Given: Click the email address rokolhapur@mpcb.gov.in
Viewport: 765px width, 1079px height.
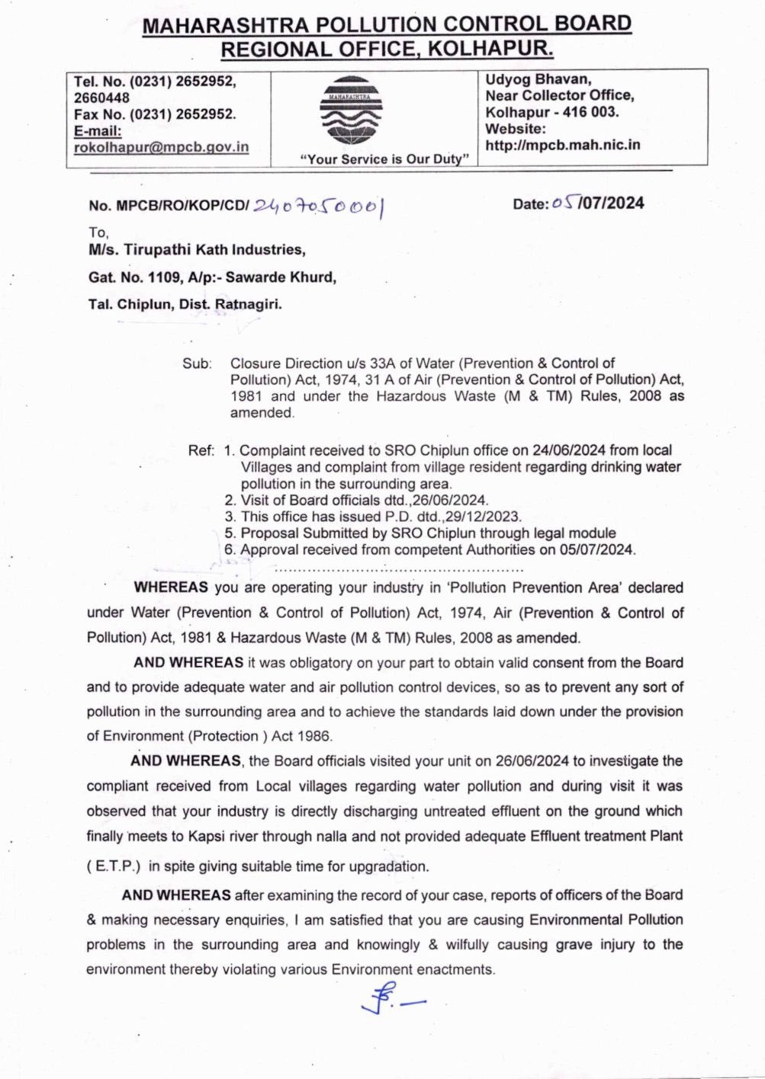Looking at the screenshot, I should [161, 147].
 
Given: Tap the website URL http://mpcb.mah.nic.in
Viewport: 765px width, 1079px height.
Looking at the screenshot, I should [562, 145].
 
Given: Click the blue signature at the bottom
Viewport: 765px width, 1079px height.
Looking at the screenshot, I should [391, 998].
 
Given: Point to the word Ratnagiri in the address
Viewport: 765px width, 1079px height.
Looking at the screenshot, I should [248, 304].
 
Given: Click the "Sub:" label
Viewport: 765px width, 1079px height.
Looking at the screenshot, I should [196, 363].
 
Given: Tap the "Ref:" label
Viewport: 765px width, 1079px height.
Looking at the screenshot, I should [201, 450].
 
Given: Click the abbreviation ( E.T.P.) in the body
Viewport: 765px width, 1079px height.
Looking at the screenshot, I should [114, 866].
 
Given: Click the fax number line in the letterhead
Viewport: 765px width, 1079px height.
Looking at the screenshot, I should [155, 114].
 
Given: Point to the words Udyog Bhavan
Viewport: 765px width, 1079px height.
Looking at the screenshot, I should [538, 79].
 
